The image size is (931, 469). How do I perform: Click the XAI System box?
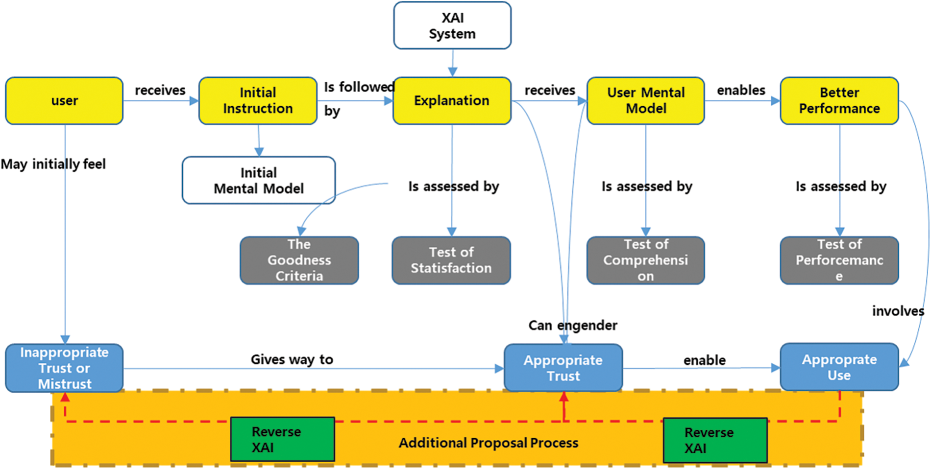point(452,25)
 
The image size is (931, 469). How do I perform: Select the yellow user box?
point(64,100)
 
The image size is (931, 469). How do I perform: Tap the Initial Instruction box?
point(258,100)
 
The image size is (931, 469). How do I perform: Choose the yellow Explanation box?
point(452,100)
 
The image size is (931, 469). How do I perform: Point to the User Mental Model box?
point(645,100)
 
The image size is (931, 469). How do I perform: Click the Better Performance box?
point(839,100)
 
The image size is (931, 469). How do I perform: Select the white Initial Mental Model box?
point(259,180)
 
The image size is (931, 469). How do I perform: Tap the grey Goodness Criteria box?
point(299,260)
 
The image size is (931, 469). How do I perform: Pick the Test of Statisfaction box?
point(451,260)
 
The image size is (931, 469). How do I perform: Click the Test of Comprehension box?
point(645,260)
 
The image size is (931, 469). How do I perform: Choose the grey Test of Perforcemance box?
point(839,260)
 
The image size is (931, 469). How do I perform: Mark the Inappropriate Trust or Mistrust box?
point(64,368)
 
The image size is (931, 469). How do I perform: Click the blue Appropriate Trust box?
point(563,368)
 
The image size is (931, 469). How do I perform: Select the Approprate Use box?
point(839,367)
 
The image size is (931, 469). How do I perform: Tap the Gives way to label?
point(292,359)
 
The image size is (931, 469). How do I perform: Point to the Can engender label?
point(572,325)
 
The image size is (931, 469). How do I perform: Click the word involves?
point(898,311)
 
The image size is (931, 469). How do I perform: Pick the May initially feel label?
point(53,164)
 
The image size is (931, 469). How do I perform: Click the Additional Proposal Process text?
point(488,443)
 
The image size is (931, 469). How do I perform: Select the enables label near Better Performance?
point(741,90)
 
